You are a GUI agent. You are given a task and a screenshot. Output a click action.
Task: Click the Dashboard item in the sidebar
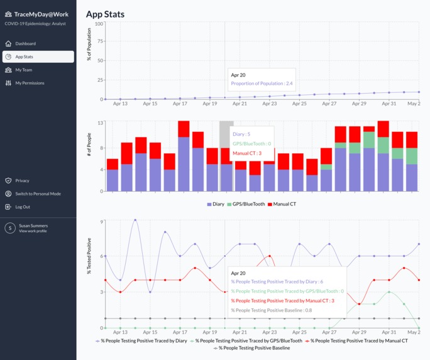pos(25,43)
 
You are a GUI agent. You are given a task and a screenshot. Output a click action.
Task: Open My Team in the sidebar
pos(23,70)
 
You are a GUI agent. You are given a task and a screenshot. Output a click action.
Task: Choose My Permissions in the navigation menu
pos(30,83)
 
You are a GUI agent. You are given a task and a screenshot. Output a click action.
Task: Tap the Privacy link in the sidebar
pos(22,180)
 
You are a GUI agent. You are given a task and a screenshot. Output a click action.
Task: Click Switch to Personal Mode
pos(38,194)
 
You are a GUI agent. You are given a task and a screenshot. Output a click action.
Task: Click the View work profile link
pos(33,231)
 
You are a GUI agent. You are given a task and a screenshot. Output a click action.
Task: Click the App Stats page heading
pos(105,14)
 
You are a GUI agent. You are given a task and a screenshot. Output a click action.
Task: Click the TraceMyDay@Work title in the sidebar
pos(41,14)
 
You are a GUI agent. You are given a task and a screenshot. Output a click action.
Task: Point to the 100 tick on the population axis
pos(99,24)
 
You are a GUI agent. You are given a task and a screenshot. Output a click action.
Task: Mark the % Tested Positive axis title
pos(89,256)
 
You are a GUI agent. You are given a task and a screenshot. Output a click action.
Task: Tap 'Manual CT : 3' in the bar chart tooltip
pos(247,153)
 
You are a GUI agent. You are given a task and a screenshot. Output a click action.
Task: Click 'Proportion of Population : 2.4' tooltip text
pos(262,83)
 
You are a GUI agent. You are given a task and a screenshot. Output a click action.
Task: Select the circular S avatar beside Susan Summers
pos(10,228)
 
